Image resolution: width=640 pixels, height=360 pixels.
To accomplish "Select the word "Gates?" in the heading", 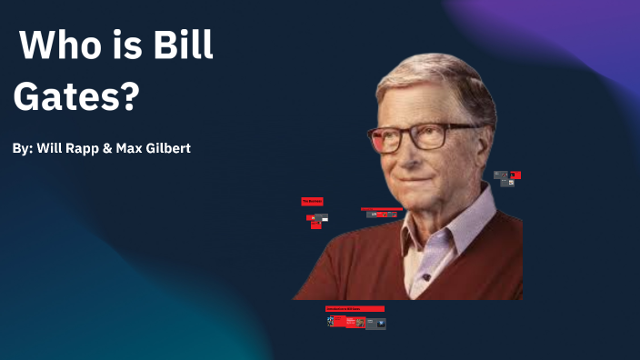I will click(x=76, y=95).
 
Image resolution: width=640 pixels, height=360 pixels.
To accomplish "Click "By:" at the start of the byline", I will click(x=23, y=147).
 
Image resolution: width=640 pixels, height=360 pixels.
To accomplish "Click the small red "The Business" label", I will click(x=312, y=202).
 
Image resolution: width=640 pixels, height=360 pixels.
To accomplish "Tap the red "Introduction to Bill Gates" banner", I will click(x=355, y=309).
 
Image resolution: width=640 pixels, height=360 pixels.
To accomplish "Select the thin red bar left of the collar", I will click(x=381, y=208).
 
